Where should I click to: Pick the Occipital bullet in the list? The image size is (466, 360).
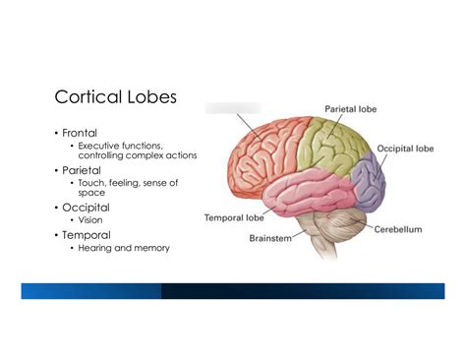click(x=86, y=208)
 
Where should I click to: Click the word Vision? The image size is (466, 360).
click(x=90, y=220)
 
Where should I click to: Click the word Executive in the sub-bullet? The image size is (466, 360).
click(x=99, y=145)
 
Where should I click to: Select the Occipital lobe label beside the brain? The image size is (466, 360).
click(x=405, y=149)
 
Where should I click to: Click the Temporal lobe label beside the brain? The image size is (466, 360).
click(x=236, y=216)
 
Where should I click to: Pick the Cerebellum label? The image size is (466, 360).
click(x=398, y=229)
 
